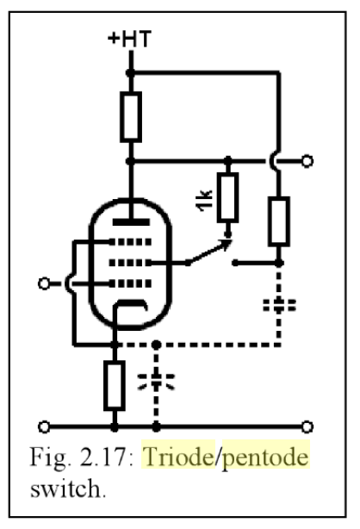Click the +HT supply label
(x=129, y=39)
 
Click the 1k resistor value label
(x=204, y=201)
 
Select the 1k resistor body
(x=227, y=197)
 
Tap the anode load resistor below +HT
(x=131, y=116)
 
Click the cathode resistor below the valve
(x=115, y=386)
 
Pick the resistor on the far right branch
(x=279, y=221)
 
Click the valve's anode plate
(x=131, y=222)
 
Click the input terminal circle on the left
(x=44, y=283)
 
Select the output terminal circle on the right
(x=307, y=161)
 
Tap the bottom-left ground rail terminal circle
(x=44, y=426)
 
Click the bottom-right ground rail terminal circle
(x=307, y=426)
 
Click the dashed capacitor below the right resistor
(x=279, y=305)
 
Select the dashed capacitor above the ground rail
(x=156, y=381)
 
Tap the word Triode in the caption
(x=178, y=457)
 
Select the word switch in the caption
(x=66, y=489)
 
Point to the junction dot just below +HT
(x=130, y=72)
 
